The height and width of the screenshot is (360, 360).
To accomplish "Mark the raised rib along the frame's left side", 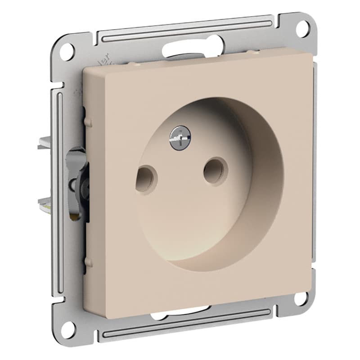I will pyautogui.click(x=58, y=189).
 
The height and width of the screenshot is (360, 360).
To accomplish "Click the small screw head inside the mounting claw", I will pyautogui.click(x=72, y=184).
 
